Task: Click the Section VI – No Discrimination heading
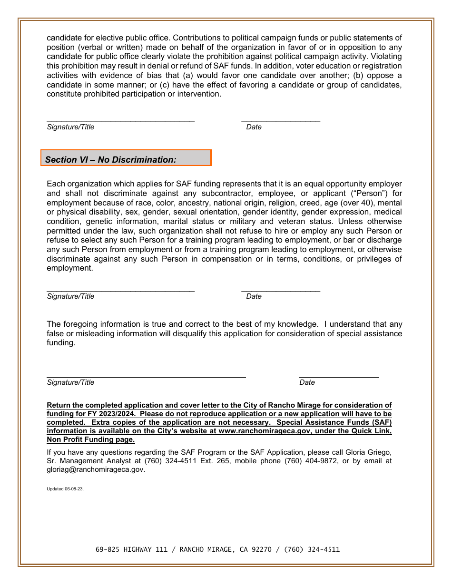111,160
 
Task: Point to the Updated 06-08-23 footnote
65,489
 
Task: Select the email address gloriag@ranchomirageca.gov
96,469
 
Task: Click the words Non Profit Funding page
90,439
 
